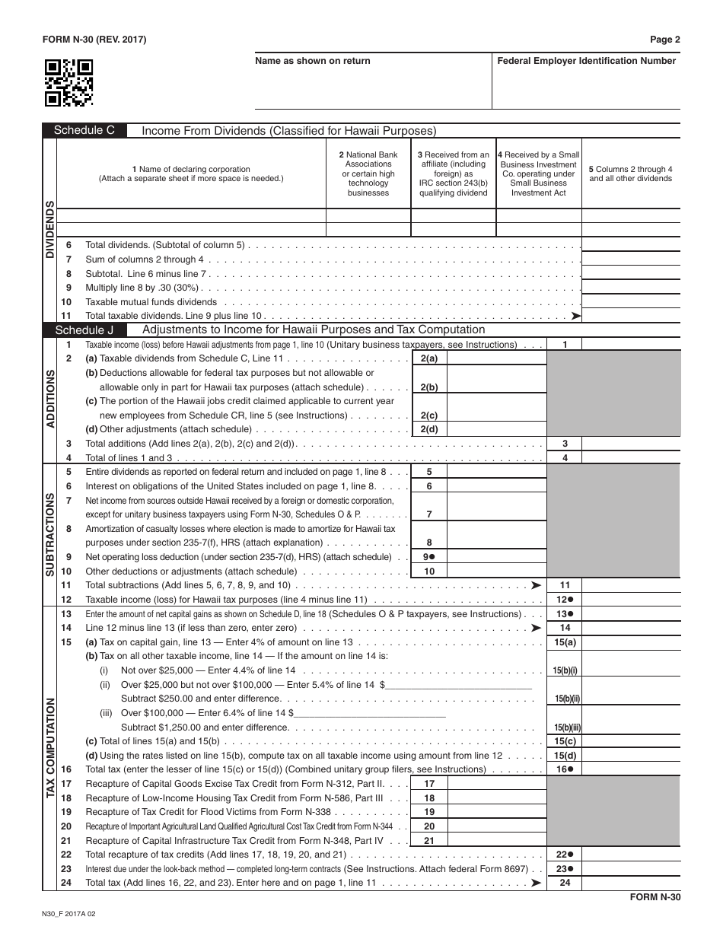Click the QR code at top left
69,82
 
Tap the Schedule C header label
84,130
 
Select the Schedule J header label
84,330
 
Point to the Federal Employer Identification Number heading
586,61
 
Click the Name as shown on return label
312,61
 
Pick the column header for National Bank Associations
368,174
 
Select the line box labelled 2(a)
428,358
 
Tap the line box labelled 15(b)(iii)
565,727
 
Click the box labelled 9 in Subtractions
428,557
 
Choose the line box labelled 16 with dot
565,769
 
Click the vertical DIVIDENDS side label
49,231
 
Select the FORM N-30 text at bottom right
655,897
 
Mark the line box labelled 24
565,883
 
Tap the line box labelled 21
428,841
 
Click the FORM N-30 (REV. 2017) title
94,40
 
